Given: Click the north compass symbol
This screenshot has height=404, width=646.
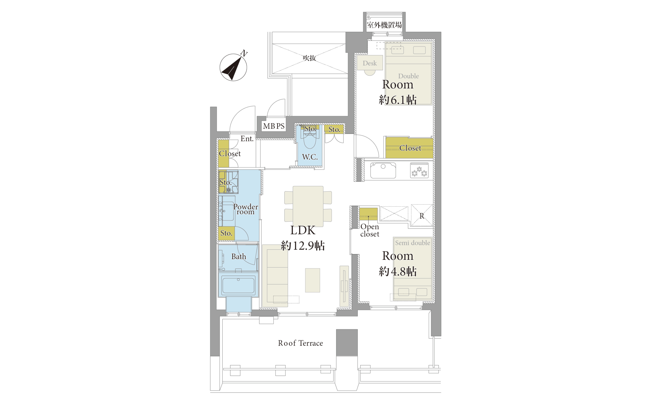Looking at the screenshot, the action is click(233, 67).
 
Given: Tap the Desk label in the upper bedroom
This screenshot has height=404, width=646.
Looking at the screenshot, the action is click(370, 63).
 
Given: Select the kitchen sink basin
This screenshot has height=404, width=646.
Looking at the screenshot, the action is click(383, 170).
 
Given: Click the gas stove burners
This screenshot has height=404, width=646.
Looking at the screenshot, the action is click(419, 170).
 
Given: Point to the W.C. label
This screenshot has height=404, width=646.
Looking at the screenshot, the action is click(310, 157).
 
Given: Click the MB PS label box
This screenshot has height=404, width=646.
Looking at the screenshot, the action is click(274, 126).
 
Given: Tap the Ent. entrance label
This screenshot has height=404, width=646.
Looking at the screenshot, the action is click(247, 139).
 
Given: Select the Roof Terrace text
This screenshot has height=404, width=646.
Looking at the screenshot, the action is click(300, 343).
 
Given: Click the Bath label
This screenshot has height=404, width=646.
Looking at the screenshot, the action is click(239, 257).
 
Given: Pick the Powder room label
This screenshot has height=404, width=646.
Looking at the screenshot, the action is click(245, 209).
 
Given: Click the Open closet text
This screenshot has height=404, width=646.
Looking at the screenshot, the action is click(370, 230).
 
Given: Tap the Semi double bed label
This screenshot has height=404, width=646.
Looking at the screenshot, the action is click(412, 243).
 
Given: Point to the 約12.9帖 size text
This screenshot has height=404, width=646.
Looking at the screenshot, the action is click(303, 245).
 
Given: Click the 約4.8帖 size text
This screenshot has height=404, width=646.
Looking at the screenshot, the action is click(398, 271).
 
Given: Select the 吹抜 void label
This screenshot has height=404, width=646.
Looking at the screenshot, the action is click(309, 58).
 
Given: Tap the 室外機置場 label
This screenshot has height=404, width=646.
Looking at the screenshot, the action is click(384, 25).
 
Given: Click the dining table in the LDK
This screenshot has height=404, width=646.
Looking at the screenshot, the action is click(308, 207).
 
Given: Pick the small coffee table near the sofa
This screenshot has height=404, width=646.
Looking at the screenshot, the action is click(313, 280).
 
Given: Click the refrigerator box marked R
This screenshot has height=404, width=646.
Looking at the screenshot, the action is click(422, 216).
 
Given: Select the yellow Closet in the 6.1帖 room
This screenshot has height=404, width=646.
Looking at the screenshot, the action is click(410, 148).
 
